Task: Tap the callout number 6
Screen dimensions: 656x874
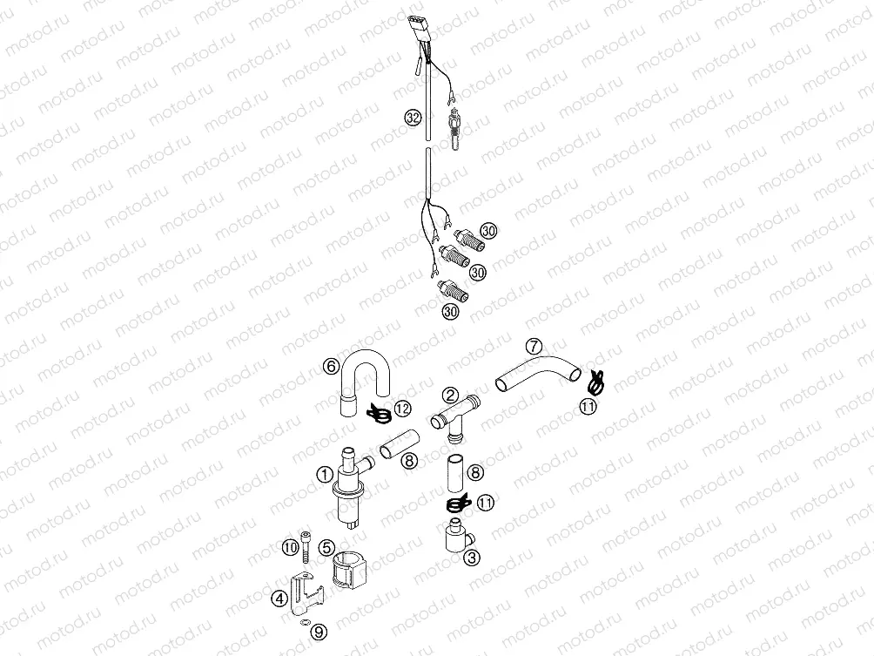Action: [331, 367]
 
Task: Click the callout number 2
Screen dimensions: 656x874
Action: [450, 395]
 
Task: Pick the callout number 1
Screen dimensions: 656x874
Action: [324, 475]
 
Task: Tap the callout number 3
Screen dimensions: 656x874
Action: [470, 558]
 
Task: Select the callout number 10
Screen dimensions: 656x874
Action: [290, 547]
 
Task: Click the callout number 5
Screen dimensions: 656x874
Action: [325, 547]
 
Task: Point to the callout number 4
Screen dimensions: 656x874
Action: [278, 599]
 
